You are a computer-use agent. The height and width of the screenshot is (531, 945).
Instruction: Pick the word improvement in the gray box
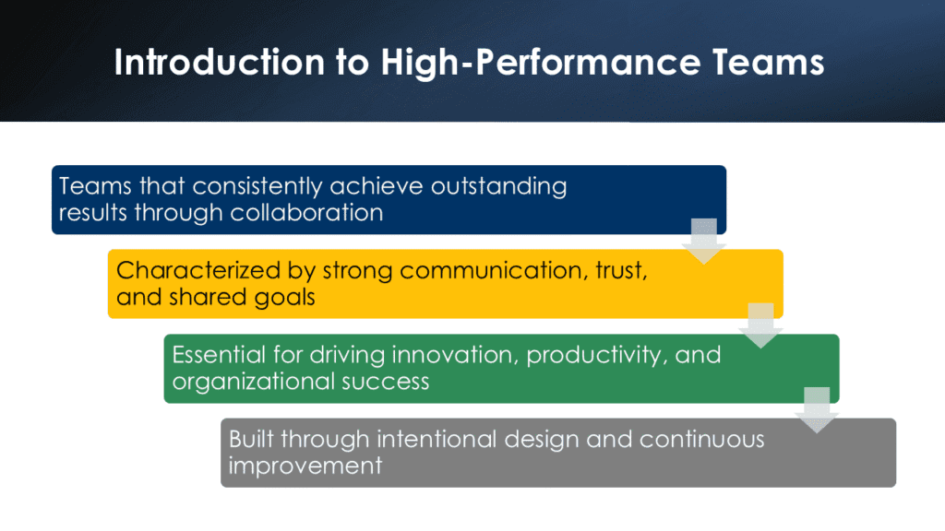305,466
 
